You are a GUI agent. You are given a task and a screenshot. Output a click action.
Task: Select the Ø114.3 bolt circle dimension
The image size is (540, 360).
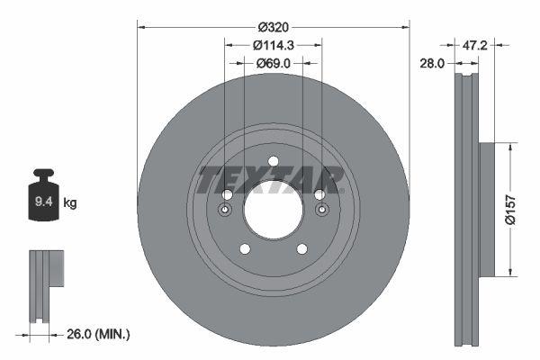[273, 45]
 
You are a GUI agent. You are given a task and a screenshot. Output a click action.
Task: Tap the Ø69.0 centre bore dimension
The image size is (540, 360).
[274, 63]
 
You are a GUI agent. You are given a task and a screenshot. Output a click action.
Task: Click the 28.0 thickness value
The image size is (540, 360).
[435, 62]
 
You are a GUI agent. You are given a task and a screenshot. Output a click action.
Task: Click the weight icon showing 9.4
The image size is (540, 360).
[43, 198]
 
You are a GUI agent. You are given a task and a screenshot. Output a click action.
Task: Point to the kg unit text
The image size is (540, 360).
[70, 203]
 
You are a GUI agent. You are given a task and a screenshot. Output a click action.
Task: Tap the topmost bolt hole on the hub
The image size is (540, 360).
[273, 163]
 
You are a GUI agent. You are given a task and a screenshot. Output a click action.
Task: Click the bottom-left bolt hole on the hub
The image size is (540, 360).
[243, 250]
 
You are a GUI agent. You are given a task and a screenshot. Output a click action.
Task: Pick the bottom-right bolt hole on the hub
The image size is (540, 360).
[302, 250]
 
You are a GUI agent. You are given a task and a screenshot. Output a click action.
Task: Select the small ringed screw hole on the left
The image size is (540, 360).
[225, 211]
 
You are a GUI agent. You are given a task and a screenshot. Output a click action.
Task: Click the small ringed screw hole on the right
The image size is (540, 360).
[320, 211]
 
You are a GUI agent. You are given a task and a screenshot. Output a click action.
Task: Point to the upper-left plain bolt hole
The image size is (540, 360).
[227, 195]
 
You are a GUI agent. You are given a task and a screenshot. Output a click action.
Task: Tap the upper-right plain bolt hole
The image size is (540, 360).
[319, 195]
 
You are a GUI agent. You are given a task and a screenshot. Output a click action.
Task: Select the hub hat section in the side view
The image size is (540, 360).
[486, 209]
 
